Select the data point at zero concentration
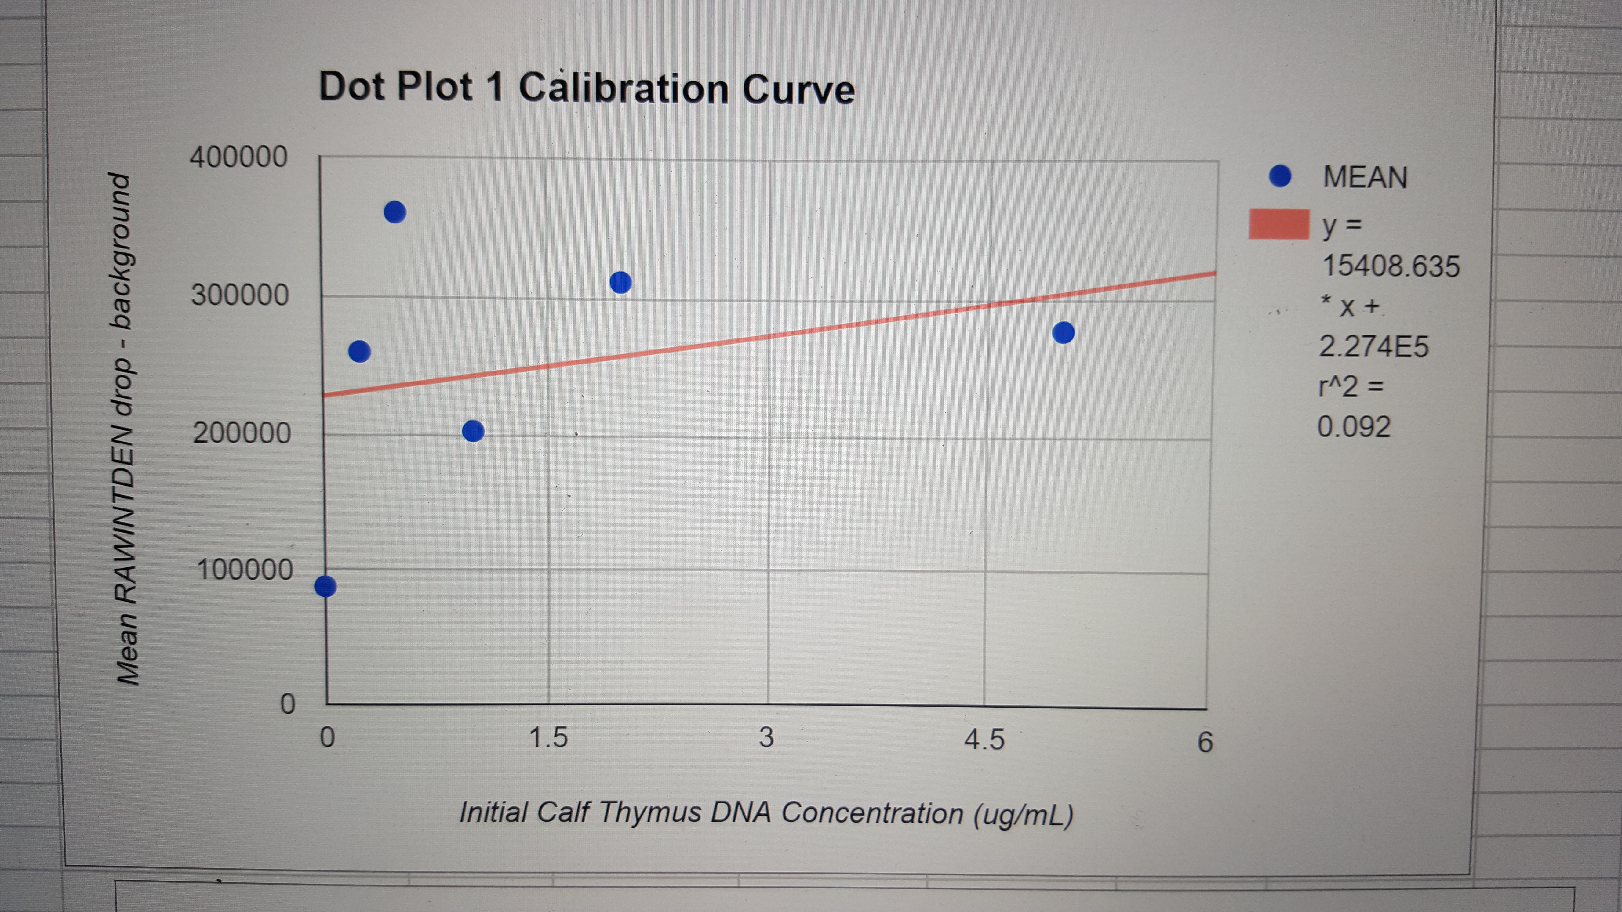click(325, 586)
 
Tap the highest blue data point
click(395, 212)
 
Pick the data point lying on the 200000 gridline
click(473, 431)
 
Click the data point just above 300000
click(621, 283)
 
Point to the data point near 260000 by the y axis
click(359, 351)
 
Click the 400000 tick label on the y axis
click(239, 157)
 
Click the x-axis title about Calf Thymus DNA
click(766, 813)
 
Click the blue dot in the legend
click(1280, 176)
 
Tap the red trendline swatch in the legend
click(1279, 225)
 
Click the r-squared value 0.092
click(1354, 427)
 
